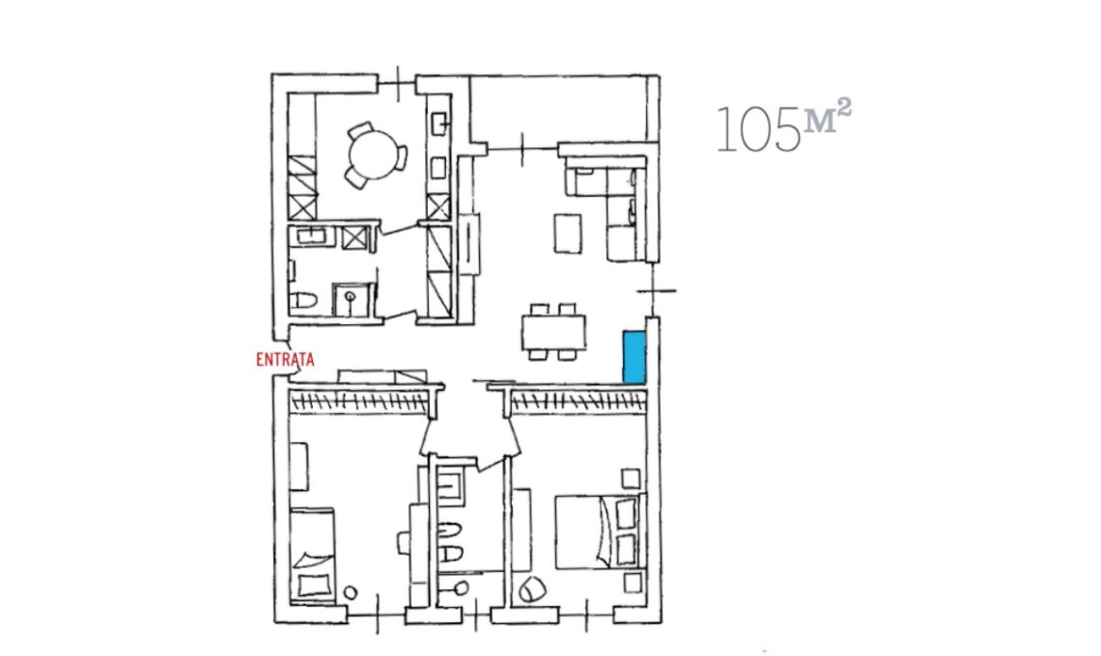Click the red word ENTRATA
tap(285, 360)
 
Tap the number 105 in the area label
tap(758, 130)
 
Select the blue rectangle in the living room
tap(635, 358)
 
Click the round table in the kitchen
tap(373, 155)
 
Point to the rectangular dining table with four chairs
tap(554, 331)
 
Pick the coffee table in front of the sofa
tap(568, 233)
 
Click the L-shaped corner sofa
tap(611, 208)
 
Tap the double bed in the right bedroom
tap(598, 532)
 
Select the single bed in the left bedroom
tap(313, 555)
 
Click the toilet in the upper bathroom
tap(303, 302)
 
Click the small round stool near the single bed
tap(351, 593)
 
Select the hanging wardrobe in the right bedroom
tap(579, 402)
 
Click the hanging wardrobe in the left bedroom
tap(359, 402)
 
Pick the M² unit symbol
tap(828, 116)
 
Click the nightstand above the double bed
tap(632, 479)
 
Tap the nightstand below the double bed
tap(633, 583)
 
